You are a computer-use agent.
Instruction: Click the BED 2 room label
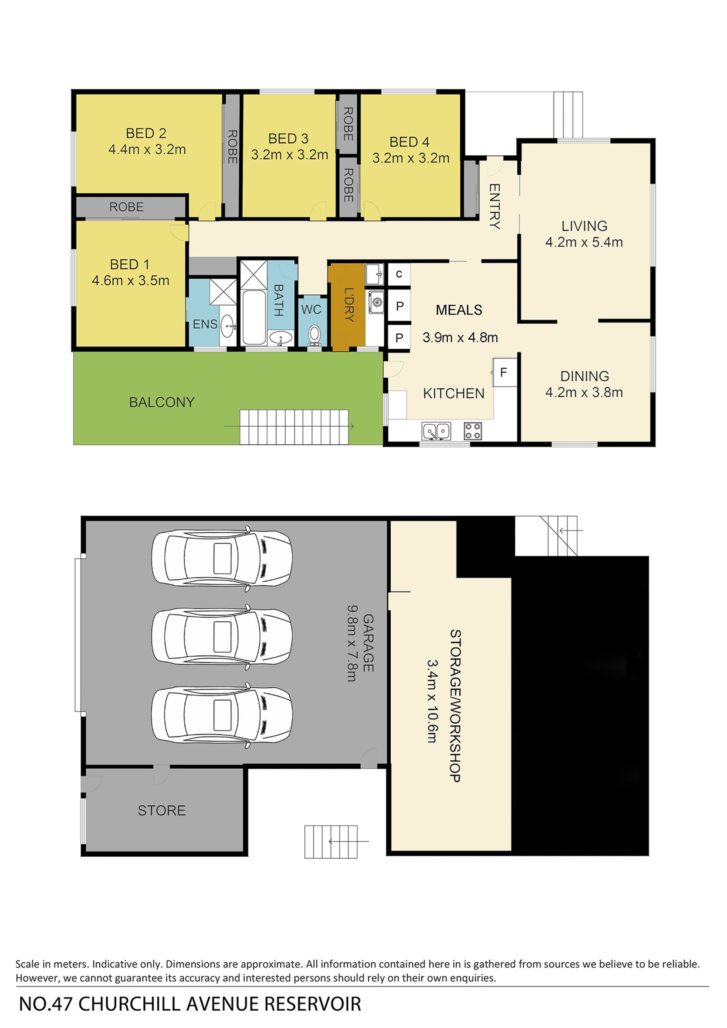click(146, 133)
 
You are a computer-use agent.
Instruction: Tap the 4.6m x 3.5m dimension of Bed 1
click(131, 281)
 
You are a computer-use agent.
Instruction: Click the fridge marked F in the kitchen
click(504, 372)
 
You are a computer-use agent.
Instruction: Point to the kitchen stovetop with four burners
click(473, 431)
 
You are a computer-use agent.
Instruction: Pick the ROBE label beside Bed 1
click(127, 207)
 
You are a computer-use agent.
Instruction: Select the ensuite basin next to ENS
click(229, 326)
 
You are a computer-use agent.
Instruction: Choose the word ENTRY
click(494, 206)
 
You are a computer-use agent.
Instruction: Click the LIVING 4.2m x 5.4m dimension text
click(584, 242)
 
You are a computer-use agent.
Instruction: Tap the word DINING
click(585, 376)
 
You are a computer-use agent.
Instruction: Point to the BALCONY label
click(162, 402)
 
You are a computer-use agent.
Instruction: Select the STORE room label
click(162, 810)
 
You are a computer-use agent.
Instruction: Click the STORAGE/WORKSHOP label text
click(455, 706)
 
